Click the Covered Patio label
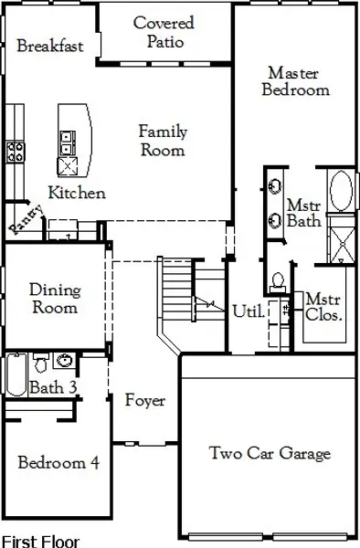[x=164, y=32]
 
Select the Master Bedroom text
[x=295, y=80]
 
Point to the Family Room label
[x=163, y=141]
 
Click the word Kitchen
[x=77, y=193]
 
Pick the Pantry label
[x=21, y=218]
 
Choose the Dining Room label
[x=55, y=300]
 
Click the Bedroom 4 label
[x=58, y=462]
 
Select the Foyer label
[x=145, y=400]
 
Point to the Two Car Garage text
[x=270, y=453]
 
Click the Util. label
[x=249, y=311]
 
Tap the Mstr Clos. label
[x=323, y=307]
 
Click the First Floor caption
[x=40, y=541]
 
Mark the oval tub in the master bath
[x=340, y=191]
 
